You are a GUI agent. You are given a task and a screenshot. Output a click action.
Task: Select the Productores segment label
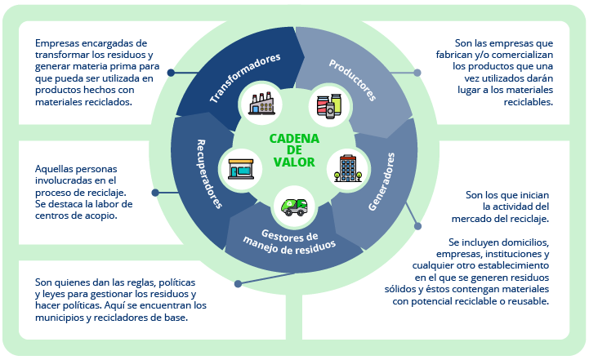tap(352, 79)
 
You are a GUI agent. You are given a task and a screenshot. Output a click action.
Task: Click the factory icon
tap(264, 104)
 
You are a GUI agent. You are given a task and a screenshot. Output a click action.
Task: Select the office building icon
tap(346, 169)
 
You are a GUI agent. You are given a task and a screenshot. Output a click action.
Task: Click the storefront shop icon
tap(241, 168)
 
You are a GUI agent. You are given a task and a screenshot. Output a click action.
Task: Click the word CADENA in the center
tap(294, 139)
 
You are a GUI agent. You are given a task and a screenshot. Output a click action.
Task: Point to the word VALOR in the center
tap(294, 162)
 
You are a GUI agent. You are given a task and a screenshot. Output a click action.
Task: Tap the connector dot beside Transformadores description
tap(171, 73)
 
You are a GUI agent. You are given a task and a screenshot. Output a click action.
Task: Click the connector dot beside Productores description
tap(417, 73)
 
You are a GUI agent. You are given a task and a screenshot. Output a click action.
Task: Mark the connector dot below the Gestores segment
tap(238, 284)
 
